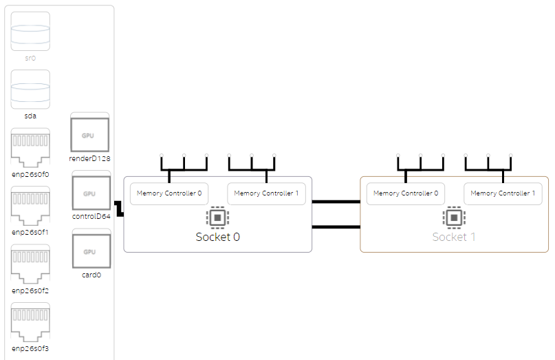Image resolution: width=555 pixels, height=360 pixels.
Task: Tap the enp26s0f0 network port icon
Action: tap(30, 147)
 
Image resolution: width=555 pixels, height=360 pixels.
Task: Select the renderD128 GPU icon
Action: tap(90, 134)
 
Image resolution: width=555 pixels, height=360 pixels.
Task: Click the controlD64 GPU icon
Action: tap(90, 193)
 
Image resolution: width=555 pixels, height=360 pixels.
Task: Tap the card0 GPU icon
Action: tap(90, 251)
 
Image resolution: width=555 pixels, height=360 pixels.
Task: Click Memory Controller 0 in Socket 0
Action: tap(169, 193)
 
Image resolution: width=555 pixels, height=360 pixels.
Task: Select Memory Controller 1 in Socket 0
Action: tap(266, 193)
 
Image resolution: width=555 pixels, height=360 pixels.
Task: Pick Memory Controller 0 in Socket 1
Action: tap(406, 193)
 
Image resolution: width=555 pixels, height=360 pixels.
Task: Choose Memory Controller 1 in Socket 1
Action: tap(503, 193)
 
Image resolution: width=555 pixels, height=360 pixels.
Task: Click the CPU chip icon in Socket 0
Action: tap(217, 218)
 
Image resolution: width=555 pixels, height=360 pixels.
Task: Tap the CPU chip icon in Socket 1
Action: tap(453, 218)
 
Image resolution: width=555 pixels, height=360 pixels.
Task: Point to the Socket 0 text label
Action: tap(217, 237)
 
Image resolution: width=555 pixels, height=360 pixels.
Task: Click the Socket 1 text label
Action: tap(453, 237)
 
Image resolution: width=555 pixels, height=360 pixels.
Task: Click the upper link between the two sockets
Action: tap(336, 202)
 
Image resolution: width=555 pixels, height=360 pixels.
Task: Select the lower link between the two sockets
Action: tap(336, 226)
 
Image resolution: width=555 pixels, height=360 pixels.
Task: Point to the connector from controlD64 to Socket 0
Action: tap(118, 209)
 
